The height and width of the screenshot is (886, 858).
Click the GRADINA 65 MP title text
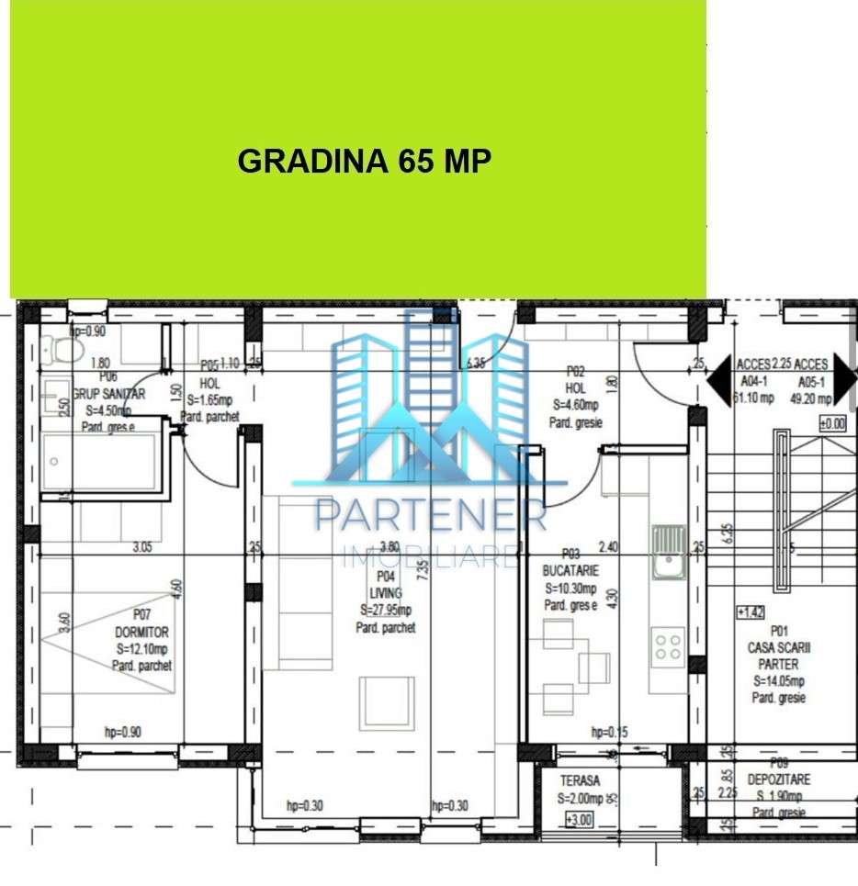point(364,161)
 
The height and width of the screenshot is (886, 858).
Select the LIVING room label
point(386,593)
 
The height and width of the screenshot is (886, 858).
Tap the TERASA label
point(580,780)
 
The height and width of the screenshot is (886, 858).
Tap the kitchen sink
point(669,551)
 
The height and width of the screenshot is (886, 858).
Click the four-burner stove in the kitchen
point(668,646)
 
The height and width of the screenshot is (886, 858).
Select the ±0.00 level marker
point(832,424)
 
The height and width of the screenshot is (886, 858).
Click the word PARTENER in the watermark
point(430,516)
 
